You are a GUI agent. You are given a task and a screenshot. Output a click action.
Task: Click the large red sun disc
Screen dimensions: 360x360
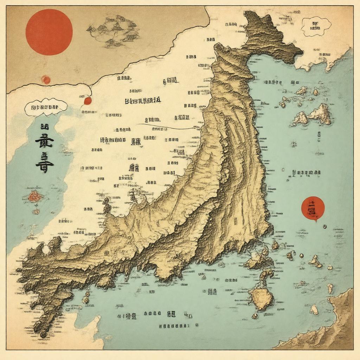point(49,32)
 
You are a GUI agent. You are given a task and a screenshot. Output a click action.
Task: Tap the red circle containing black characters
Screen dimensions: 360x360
point(313,208)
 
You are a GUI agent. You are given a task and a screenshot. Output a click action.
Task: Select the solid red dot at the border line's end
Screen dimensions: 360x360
point(88,101)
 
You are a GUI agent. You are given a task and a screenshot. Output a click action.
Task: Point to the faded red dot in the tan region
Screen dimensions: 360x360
point(46,80)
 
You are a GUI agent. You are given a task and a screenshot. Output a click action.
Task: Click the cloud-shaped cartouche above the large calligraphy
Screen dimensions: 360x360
point(46,107)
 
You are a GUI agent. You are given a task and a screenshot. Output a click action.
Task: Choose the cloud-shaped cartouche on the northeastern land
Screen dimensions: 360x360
point(316,26)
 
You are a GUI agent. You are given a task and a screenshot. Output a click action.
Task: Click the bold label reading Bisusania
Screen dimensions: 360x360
point(143,101)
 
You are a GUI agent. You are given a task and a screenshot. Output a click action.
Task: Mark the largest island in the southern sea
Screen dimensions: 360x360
point(261,298)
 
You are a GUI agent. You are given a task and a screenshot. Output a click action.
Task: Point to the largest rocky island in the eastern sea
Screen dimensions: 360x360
point(320,114)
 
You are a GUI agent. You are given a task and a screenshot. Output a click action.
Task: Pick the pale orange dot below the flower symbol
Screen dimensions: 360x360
point(36,212)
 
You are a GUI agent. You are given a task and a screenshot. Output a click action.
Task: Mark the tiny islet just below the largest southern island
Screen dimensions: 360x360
point(255,316)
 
